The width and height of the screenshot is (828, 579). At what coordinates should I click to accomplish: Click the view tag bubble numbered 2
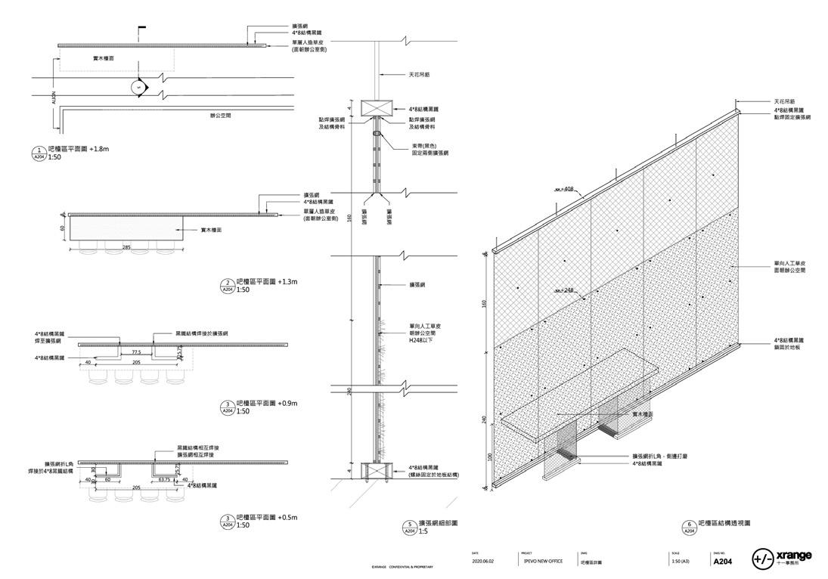(x=227, y=286)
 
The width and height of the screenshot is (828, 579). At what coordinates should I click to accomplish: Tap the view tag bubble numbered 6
(x=689, y=526)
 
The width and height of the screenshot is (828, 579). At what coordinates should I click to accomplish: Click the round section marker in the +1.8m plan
(x=139, y=87)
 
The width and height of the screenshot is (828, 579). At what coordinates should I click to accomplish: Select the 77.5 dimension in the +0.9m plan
(x=137, y=351)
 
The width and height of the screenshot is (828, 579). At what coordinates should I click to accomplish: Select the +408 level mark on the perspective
(x=567, y=189)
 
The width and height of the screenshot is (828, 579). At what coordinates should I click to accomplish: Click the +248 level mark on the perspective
(x=567, y=289)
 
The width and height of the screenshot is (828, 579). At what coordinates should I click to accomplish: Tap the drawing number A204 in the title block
(x=722, y=562)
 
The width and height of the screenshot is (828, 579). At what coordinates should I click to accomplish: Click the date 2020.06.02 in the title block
(x=482, y=562)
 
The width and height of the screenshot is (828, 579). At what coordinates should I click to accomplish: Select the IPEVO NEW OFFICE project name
(x=540, y=562)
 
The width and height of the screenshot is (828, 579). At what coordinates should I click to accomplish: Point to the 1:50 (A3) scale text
(x=680, y=562)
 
